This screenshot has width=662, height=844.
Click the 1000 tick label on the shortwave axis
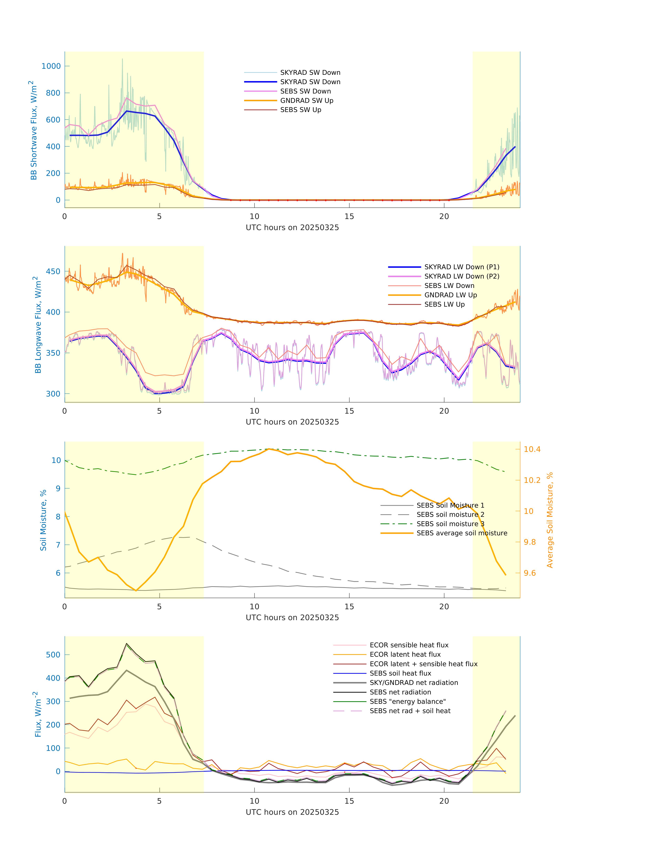tap(51, 66)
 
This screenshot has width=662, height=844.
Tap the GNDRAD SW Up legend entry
tap(307, 101)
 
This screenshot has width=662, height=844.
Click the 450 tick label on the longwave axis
tap(53, 272)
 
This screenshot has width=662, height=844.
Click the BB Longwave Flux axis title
tap(38, 325)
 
